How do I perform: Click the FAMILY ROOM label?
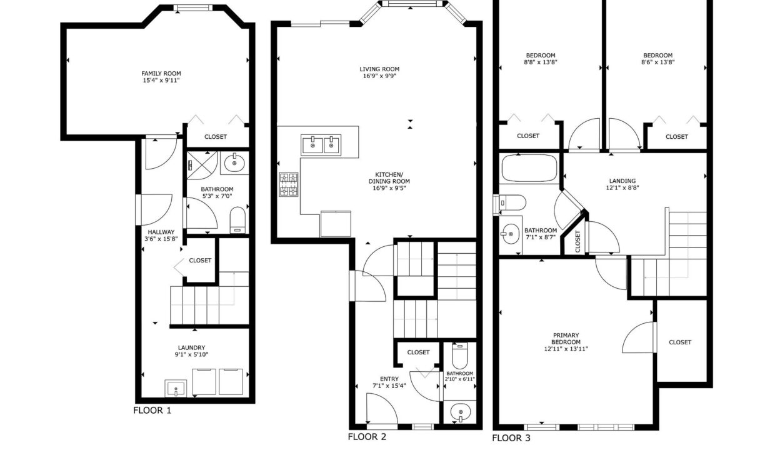(x=161, y=73)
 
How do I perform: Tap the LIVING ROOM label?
(x=379, y=69)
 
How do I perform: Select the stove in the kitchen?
(x=289, y=184)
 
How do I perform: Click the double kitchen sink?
(x=321, y=145)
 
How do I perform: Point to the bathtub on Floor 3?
(x=529, y=167)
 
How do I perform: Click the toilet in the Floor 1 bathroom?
(x=237, y=220)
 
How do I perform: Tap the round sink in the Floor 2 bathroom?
(x=461, y=412)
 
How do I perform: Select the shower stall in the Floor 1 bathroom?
(x=202, y=166)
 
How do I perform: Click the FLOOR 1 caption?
(x=152, y=411)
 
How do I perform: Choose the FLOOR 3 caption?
(x=511, y=438)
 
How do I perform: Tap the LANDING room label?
(x=622, y=181)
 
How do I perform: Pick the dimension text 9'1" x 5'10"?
(x=191, y=354)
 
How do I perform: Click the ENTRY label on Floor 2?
(x=389, y=379)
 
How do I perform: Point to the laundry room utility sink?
(x=176, y=389)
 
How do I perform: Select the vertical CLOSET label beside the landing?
(x=577, y=241)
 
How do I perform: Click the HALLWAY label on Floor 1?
(x=161, y=232)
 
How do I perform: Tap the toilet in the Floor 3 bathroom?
(x=512, y=202)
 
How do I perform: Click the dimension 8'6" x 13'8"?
(x=657, y=62)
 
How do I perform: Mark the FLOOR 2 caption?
(x=367, y=437)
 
